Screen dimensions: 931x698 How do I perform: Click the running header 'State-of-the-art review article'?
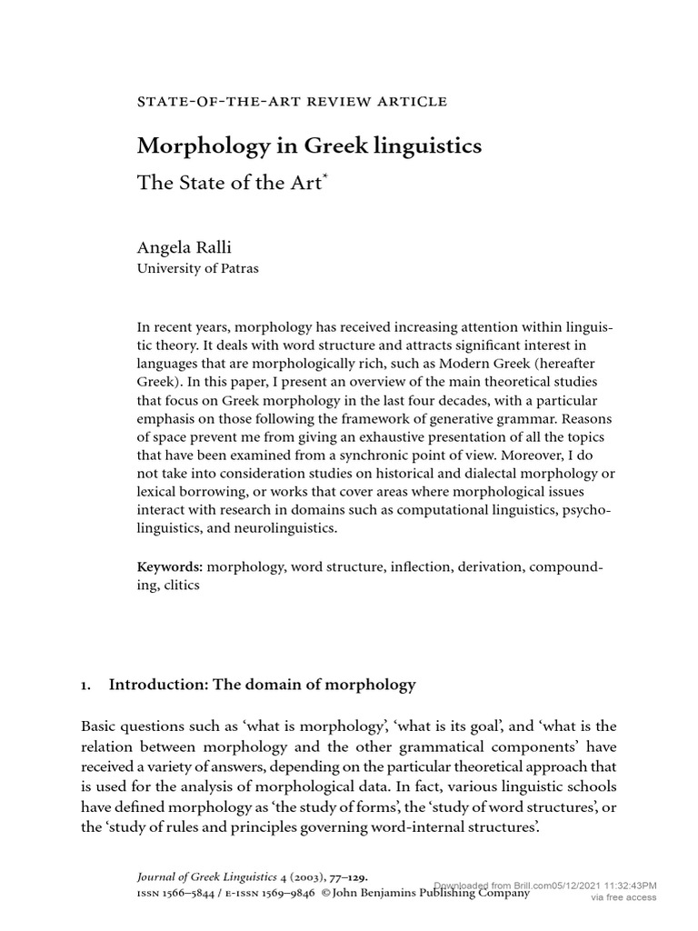tap(292, 101)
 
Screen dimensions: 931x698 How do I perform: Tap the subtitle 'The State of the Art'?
tap(228, 182)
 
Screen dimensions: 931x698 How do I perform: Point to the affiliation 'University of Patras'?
tap(197, 269)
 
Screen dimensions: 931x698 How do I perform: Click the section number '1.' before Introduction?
tap(87, 685)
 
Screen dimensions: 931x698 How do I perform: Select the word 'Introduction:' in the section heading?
tap(157, 685)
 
